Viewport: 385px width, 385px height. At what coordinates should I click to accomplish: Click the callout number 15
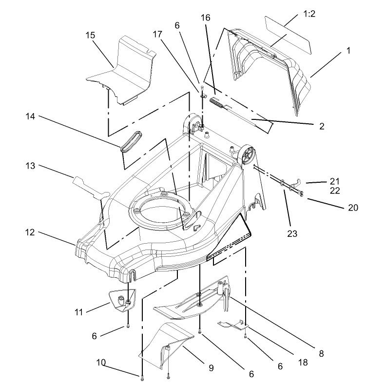(90, 35)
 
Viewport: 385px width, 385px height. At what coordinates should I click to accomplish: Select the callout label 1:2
(309, 14)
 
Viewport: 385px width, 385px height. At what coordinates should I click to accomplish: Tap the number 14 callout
(30, 116)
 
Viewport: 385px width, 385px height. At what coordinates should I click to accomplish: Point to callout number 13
(30, 166)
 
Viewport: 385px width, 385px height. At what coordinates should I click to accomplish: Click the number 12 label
(30, 232)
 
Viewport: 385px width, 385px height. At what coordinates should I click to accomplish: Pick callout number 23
(292, 233)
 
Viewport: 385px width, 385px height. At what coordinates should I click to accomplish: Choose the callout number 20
(353, 208)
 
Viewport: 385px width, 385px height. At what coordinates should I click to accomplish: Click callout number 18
(303, 363)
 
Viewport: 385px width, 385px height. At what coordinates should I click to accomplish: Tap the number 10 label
(101, 363)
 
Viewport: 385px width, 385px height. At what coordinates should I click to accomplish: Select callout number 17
(157, 34)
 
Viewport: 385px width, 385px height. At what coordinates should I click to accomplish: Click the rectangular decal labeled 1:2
(288, 35)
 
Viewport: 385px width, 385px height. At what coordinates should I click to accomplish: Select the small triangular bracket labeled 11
(122, 301)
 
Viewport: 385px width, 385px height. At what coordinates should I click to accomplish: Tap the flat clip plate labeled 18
(233, 325)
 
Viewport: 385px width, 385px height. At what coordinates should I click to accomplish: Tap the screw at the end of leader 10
(142, 379)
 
